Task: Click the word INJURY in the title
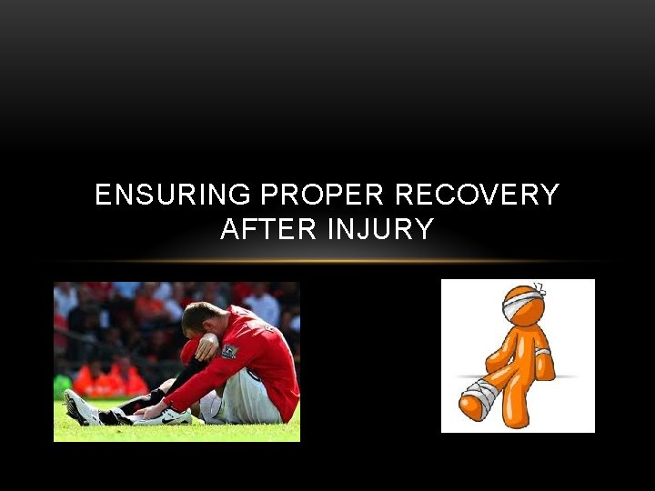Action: [381, 229]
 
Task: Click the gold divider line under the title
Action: [327, 262]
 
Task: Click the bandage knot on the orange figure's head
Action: [539, 289]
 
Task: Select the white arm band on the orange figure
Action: [542, 352]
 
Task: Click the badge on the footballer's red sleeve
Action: [229, 350]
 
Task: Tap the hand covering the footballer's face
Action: [207, 345]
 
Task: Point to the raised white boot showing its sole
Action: [79, 406]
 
